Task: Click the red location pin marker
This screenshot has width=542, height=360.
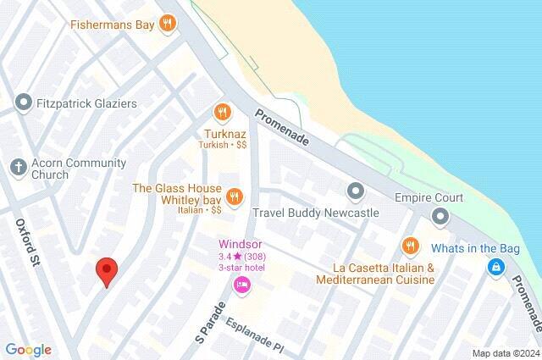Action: coord(106,271)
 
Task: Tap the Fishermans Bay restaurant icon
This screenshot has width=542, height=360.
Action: coord(168,24)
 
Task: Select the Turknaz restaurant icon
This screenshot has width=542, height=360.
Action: coord(222,112)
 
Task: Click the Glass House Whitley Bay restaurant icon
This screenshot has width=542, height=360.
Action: coord(234,196)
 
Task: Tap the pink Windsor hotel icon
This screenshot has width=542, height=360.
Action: coord(241,285)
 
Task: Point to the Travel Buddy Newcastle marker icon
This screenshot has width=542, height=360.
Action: coord(355,191)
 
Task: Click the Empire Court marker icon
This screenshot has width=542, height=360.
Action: coord(440,218)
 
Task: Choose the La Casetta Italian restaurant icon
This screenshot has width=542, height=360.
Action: coord(410,246)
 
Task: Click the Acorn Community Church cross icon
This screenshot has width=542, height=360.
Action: coord(19,166)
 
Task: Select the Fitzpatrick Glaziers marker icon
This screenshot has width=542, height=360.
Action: coord(22,103)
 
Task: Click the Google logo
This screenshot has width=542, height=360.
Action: coord(28,350)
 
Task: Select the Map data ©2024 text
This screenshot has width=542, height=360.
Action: coord(506,353)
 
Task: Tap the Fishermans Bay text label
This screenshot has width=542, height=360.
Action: coord(113,24)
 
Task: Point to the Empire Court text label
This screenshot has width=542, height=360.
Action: coord(429,197)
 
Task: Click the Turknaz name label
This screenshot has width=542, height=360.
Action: coord(224,133)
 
